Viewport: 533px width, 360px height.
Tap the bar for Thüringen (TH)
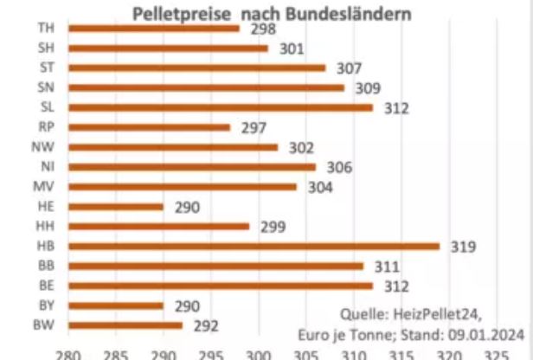(x=153, y=28)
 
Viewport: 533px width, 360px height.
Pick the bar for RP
(x=149, y=127)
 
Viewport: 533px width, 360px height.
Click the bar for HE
(x=116, y=207)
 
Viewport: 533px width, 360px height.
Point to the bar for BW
(x=125, y=325)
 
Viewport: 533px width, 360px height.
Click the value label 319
(x=462, y=246)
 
